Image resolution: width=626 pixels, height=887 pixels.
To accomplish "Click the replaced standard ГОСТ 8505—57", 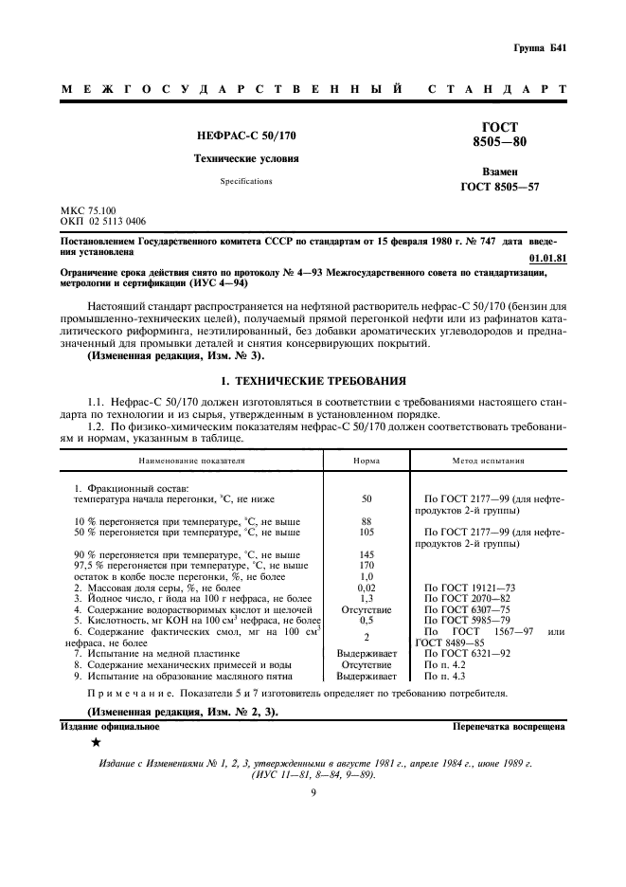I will [499, 188].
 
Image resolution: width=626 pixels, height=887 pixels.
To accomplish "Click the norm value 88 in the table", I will [367, 521].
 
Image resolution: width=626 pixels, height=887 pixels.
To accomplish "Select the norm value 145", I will [367, 554].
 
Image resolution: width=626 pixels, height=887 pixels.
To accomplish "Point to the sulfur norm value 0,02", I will [367, 588].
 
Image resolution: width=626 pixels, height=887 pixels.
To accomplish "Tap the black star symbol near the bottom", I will [96, 742].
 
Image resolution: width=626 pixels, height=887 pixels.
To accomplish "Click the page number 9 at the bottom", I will [313, 794].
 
